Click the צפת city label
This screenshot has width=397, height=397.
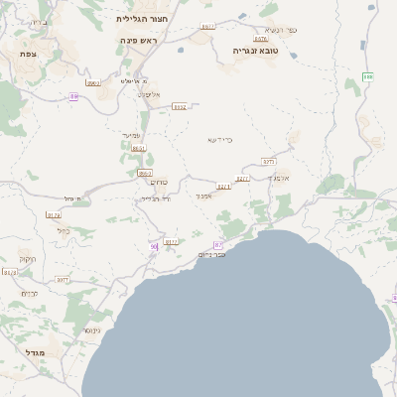click(x=28, y=53)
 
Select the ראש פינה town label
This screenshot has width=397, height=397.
click(x=143, y=40)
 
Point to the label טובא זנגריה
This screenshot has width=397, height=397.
click(x=253, y=50)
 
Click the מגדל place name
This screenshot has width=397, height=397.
click(x=35, y=352)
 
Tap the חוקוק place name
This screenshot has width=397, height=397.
click(x=27, y=260)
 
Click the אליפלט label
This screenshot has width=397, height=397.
click(x=149, y=94)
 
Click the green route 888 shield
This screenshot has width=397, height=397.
click(x=368, y=76)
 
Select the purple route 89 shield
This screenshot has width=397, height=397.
click(x=73, y=96)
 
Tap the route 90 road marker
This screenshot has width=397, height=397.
click(x=154, y=246)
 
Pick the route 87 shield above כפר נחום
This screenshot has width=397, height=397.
click(x=218, y=243)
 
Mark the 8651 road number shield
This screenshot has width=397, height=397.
click(x=138, y=148)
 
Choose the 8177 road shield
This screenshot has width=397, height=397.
click(x=170, y=241)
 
